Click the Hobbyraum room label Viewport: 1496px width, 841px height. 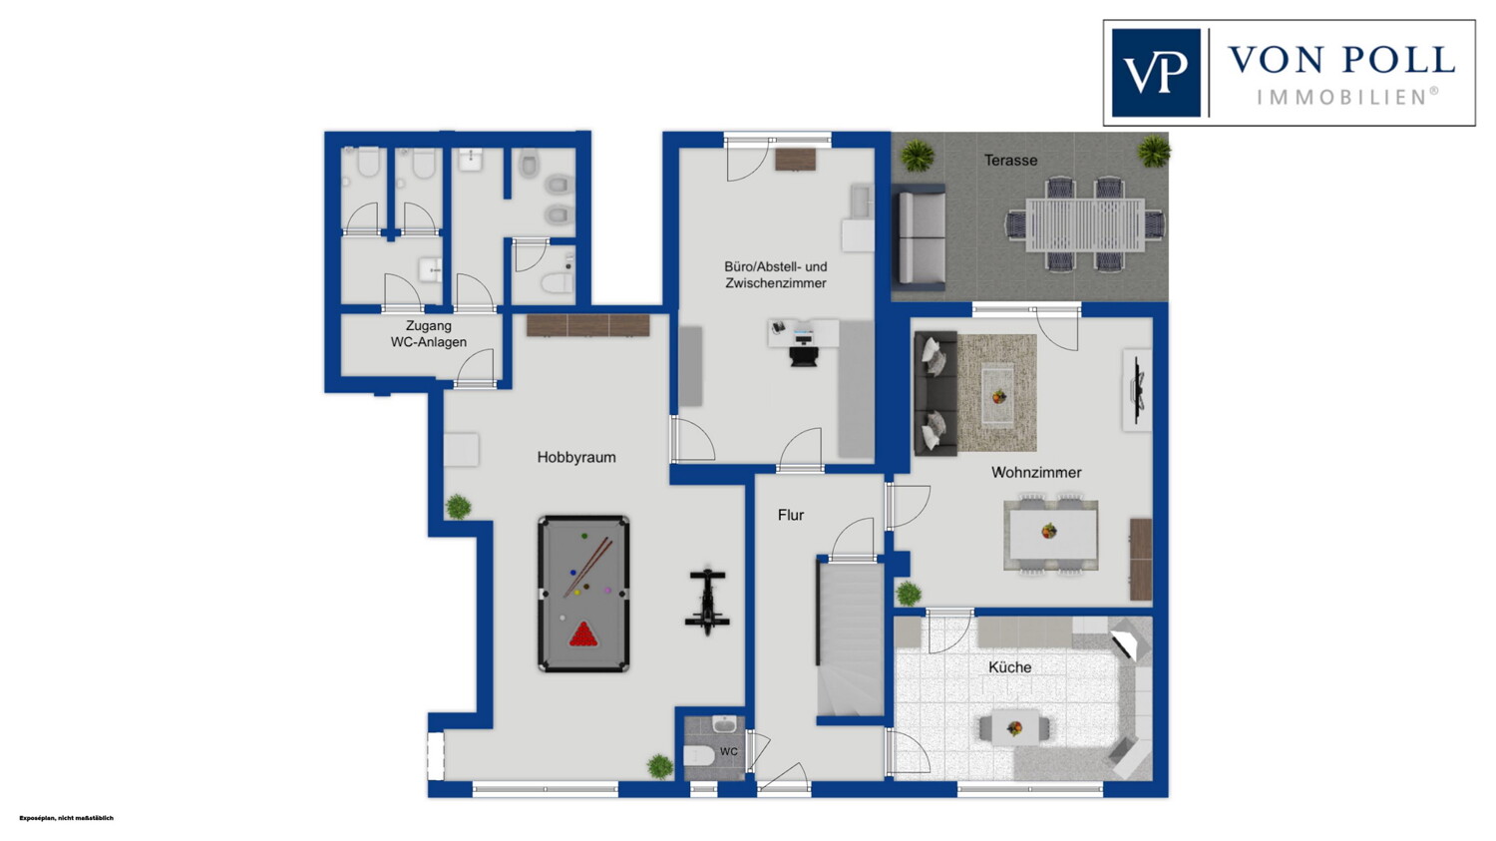point(576,458)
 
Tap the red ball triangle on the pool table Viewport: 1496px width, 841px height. point(583,634)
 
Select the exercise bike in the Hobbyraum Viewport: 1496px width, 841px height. point(706,602)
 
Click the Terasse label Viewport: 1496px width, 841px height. point(1010,161)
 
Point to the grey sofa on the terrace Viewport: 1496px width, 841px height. point(920,237)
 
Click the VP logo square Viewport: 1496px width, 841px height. point(1156,73)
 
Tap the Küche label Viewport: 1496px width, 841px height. point(1009,667)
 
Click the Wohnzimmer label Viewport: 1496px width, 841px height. point(1036,472)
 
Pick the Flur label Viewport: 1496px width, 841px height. point(791,515)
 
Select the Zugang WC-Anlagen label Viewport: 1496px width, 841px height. point(429,334)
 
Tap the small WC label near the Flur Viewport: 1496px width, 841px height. point(729,751)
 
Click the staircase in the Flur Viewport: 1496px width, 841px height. point(850,639)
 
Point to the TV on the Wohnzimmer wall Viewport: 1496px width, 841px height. point(1139,390)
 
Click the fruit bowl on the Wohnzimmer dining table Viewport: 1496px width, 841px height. point(1049,532)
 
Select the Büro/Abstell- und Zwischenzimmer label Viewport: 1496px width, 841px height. point(776,274)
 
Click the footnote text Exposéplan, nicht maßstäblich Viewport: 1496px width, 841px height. point(66,818)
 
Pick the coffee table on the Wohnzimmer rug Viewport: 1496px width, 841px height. point(998,395)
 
